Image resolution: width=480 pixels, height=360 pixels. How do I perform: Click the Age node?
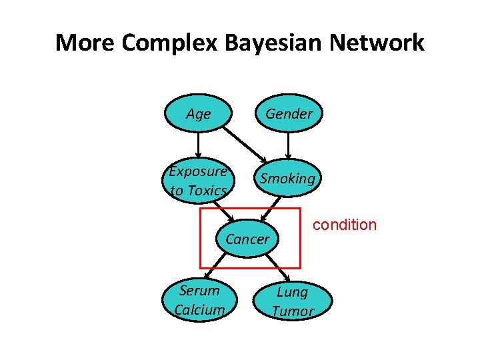[198, 114]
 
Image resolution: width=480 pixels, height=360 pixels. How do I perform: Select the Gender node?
[289, 114]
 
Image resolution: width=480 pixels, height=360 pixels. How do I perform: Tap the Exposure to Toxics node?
[198, 181]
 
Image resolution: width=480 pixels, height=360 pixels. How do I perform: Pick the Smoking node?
[287, 179]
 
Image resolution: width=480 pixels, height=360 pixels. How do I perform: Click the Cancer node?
[248, 239]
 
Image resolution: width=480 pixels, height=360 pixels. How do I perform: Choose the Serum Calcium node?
[199, 300]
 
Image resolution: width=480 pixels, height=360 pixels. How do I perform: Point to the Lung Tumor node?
[292, 301]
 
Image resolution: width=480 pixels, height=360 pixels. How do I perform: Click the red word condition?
[345, 225]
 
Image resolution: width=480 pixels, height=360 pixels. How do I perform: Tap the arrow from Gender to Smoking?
[288, 145]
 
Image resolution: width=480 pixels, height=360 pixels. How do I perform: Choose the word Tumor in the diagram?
[293, 311]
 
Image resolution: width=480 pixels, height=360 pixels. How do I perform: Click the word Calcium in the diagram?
[199, 310]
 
